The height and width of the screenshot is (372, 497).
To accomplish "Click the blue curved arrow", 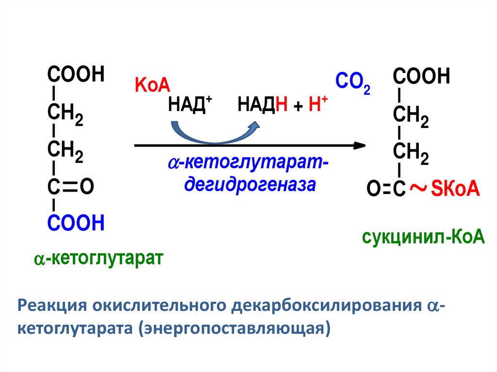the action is point(214,132).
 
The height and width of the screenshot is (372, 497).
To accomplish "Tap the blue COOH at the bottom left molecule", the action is point(76,224).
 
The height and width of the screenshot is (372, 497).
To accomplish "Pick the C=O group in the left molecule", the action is point(70,186).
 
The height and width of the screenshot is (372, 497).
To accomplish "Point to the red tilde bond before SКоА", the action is point(418,188).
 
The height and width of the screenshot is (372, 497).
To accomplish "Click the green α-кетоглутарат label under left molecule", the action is point(97,258).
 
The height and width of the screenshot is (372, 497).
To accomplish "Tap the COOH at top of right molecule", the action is point(422,76).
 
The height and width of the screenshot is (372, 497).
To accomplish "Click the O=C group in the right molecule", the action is point(386,190).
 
